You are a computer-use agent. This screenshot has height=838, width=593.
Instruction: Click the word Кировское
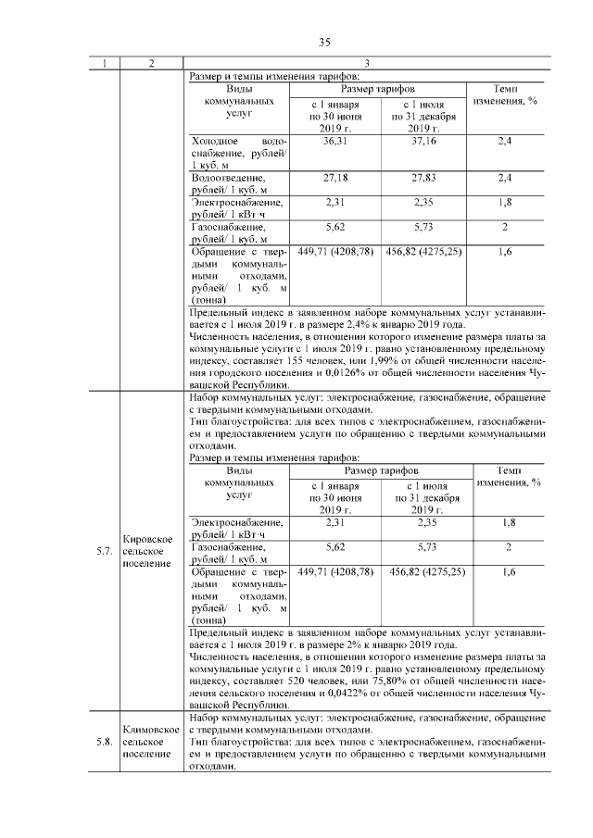coord(145,539)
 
